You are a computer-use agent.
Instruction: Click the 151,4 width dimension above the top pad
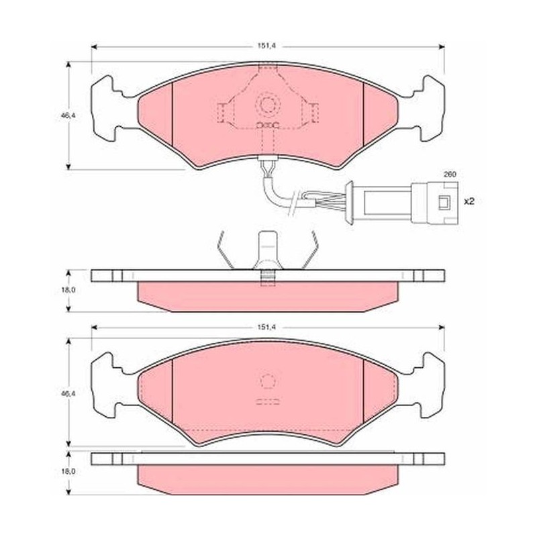[x=266, y=46]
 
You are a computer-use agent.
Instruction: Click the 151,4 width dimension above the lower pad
[x=266, y=328]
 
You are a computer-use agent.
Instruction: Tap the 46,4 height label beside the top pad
[x=68, y=115]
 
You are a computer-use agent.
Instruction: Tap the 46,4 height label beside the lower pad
[x=68, y=394]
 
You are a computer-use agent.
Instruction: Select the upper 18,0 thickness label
[x=68, y=290]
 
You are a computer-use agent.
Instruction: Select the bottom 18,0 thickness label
[x=68, y=472]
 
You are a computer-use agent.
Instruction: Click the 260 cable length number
[x=450, y=175]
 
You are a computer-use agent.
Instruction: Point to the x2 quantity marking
[x=469, y=201]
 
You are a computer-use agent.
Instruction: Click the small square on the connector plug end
[x=444, y=203]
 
